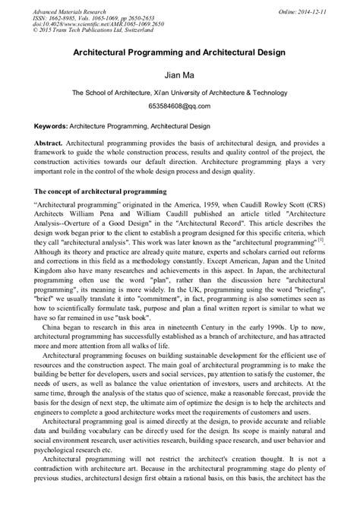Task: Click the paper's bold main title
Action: [179, 55]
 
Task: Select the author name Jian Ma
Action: [179, 75]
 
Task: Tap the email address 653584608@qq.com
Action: [179, 107]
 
